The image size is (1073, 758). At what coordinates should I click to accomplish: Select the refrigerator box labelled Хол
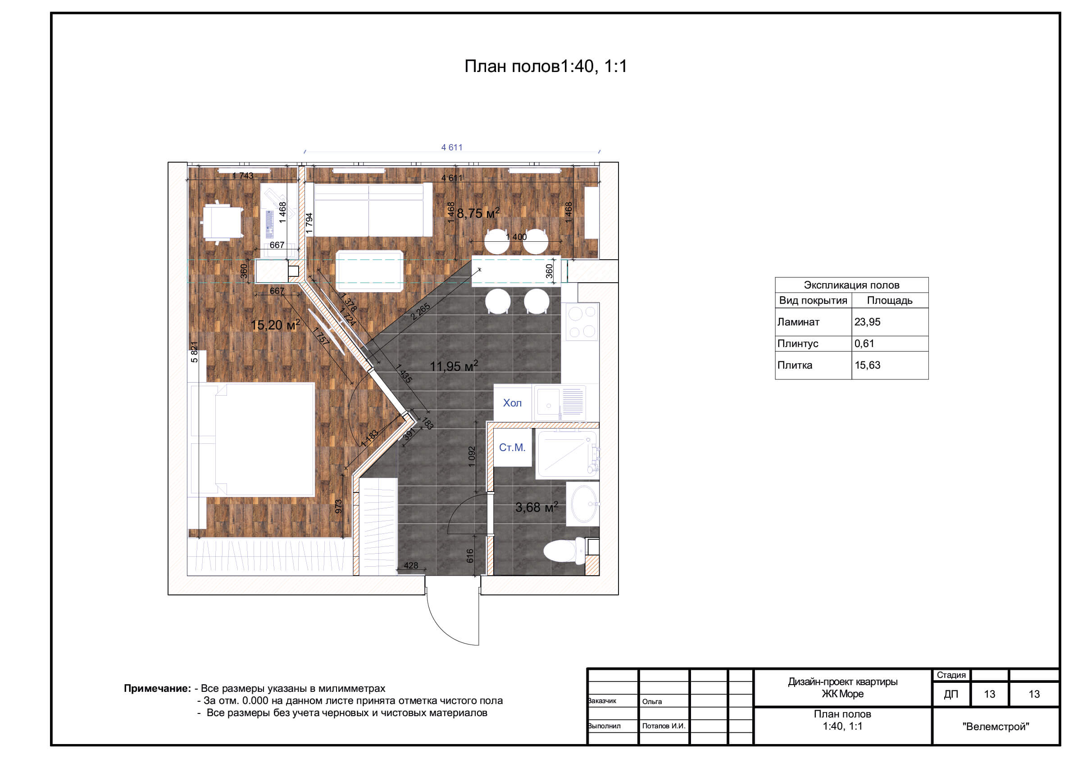(x=513, y=402)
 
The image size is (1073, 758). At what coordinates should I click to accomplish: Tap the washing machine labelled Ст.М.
(x=513, y=447)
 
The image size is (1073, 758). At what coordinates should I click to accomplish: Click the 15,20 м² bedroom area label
(x=275, y=325)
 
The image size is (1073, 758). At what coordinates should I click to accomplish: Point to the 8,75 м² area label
(x=478, y=213)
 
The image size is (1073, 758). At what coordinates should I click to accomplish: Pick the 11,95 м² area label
(x=454, y=365)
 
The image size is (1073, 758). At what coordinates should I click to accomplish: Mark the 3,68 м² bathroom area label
(x=536, y=507)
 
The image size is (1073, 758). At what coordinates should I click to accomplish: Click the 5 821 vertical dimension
(x=195, y=352)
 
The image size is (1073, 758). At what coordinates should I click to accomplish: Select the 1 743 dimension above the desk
(x=243, y=176)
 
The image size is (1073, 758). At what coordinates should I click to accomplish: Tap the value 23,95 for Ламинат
(x=868, y=322)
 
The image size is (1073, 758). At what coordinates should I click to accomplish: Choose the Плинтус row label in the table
(x=798, y=343)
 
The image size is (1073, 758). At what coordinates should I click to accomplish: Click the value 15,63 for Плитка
(x=868, y=365)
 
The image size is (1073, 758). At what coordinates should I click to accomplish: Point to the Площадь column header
(x=890, y=300)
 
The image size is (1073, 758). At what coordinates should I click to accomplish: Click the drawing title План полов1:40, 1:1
(x=546, y=66)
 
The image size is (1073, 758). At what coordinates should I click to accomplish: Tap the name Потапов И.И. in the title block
(x=664, y=726)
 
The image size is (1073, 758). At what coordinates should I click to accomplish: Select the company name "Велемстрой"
(x=996, y=726)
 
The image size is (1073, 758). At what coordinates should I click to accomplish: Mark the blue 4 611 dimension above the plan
(x=452, y=148)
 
